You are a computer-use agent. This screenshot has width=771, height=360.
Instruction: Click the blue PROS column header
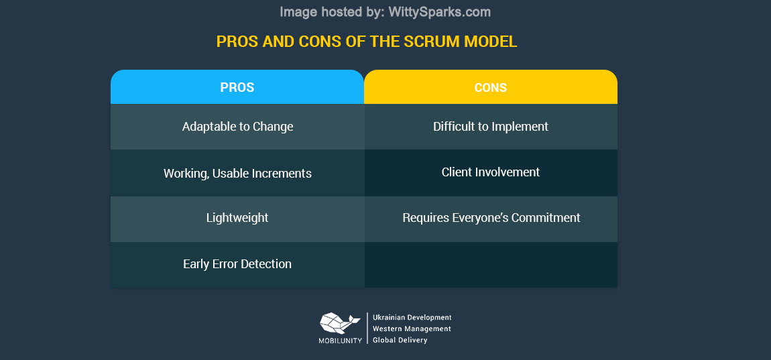pos(237,87)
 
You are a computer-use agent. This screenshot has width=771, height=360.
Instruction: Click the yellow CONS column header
pos(490,87)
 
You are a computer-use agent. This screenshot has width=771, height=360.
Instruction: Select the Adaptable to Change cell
pos(237,127)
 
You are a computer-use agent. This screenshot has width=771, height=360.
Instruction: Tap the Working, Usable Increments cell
pos(237,174)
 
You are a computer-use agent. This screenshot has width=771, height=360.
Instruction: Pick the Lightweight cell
pos(237,218)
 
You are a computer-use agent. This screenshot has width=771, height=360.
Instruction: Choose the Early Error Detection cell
pos(237,264)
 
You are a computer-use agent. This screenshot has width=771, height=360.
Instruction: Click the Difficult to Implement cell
pos(490,127)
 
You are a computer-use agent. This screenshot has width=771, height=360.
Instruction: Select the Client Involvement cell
pos(490,172)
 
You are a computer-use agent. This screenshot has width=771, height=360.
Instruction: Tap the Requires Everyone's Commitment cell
pos(491,218)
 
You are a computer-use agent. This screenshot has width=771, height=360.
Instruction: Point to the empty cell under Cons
pos(490,264)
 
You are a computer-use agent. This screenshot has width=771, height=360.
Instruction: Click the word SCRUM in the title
pos(429,42)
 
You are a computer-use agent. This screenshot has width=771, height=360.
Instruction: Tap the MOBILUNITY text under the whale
pos(340,341)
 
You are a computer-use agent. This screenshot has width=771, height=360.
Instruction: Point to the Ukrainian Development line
pos(412,317)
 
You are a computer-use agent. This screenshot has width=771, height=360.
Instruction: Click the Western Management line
pos(412,328)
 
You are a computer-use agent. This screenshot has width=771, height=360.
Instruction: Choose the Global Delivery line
pos(400,340)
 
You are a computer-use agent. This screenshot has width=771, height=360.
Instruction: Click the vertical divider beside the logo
pos(367,328)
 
